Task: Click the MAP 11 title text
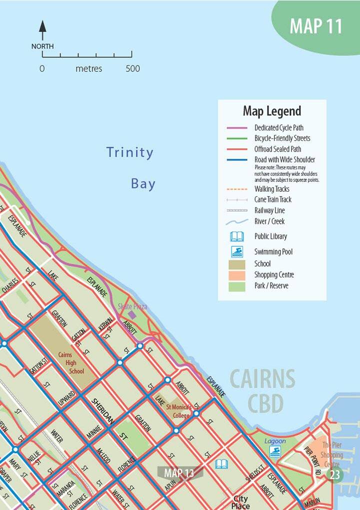click(315, 26)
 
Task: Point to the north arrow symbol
click(42, 31)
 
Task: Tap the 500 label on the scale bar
click(132, 68)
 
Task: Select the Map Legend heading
click(271, 111)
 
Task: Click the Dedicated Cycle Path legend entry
click(278, 128)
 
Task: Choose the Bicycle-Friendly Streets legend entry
click(282, 138)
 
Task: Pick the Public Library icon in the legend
click(237, 236)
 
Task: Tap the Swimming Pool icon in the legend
click(237, 252)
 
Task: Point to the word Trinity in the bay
click(130, 152)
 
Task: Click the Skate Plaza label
click(132, 307)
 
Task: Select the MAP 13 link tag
click(172, 473)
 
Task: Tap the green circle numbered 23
click(334, 475)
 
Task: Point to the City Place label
click(240, 502)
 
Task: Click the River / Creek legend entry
click(269, 221)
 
